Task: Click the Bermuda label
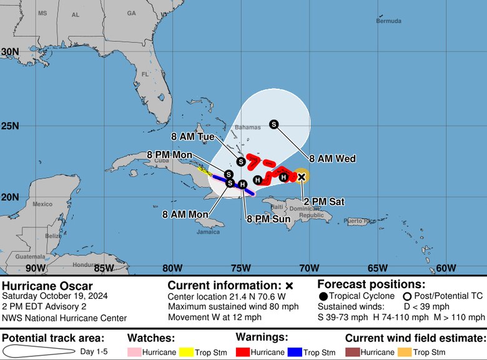389,21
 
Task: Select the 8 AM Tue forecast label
193,135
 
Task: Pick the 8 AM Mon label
185,214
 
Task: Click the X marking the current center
302,177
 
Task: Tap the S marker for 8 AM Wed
273,124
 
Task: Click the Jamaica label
208,231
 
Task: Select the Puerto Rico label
362,221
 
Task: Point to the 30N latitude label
9,52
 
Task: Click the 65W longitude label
377,268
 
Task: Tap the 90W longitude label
36,268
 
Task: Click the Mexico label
42,204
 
